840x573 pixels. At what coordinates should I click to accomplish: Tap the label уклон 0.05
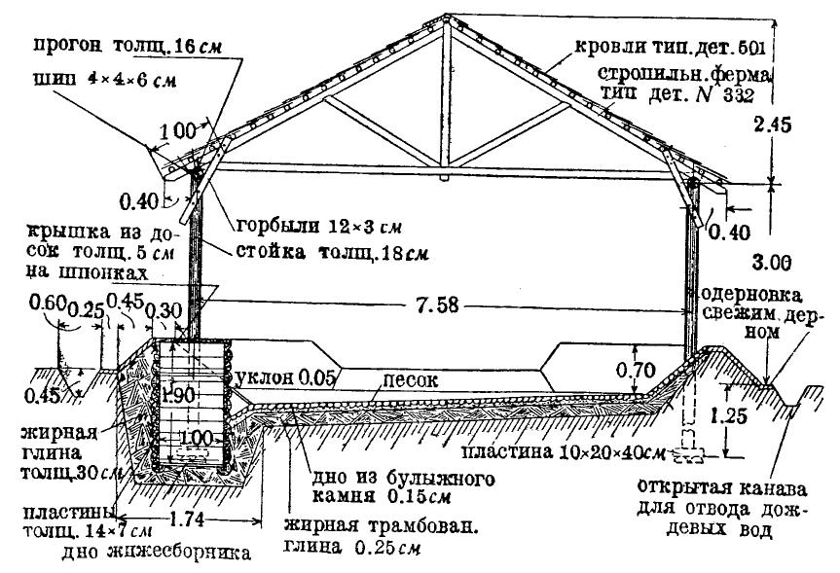coord(288,376)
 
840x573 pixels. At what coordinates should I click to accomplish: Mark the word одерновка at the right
coord(758,294)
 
